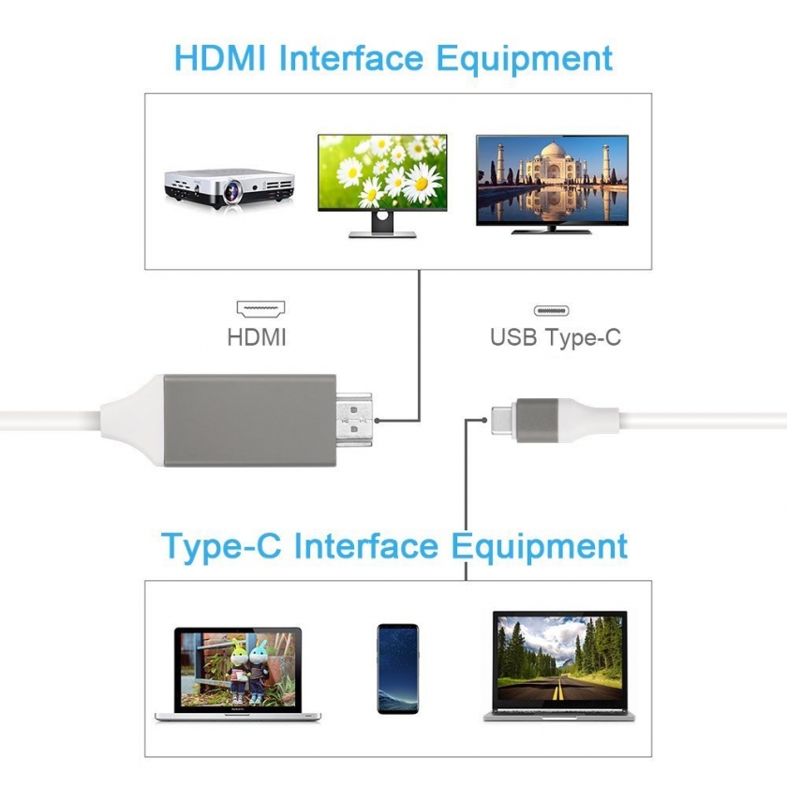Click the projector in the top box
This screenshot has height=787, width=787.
229,187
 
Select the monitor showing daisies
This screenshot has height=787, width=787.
381,173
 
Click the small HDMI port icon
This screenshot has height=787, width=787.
261,308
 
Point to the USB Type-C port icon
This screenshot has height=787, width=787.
553,310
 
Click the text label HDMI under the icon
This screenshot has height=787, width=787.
257,337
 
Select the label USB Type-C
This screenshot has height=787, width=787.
555,337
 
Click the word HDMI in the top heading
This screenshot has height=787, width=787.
221,58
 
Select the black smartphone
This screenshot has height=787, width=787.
397,668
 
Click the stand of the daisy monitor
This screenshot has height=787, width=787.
381,225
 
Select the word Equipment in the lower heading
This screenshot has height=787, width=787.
539,545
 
